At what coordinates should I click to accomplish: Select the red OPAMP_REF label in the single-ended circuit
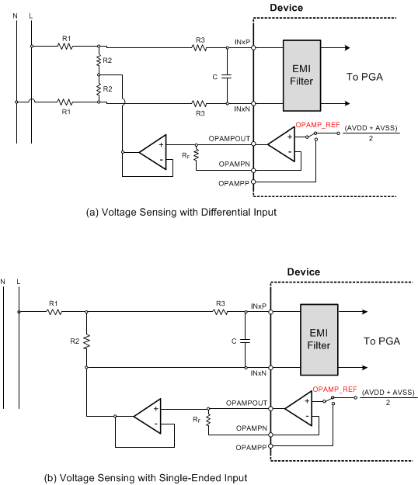(x=335, y=389)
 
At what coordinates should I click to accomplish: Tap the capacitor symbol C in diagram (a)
(x=226, y=75)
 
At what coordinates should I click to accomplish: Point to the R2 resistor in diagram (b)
(x=85, y=340)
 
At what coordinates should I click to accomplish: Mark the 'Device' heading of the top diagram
(x=286, y=8)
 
